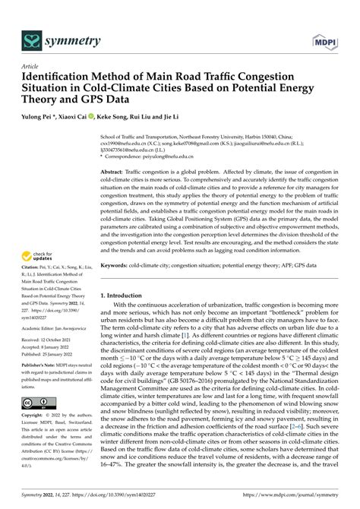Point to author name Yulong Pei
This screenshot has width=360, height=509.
tap(41, 117)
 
